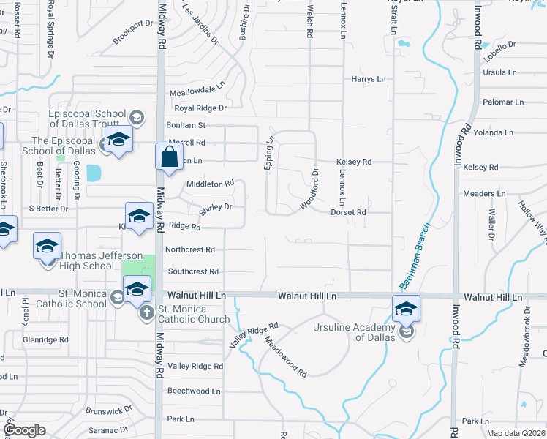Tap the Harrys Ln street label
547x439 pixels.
(x=368, y=79)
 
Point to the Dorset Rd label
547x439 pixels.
(x=348, y=212)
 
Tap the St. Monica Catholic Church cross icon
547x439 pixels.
(x=146, y=313)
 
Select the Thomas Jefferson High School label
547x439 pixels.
(x=88, y=261)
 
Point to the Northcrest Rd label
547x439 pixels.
(x=190, y=249)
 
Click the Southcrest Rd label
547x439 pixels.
(x=193, y=271)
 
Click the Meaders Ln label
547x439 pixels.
(x=484, y=194)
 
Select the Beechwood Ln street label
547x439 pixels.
(x=194, y=391)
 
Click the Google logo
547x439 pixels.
(x=24, y=430)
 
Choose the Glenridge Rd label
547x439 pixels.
(x=45, y=340)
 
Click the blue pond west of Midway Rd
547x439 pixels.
(x=94, y=173)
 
